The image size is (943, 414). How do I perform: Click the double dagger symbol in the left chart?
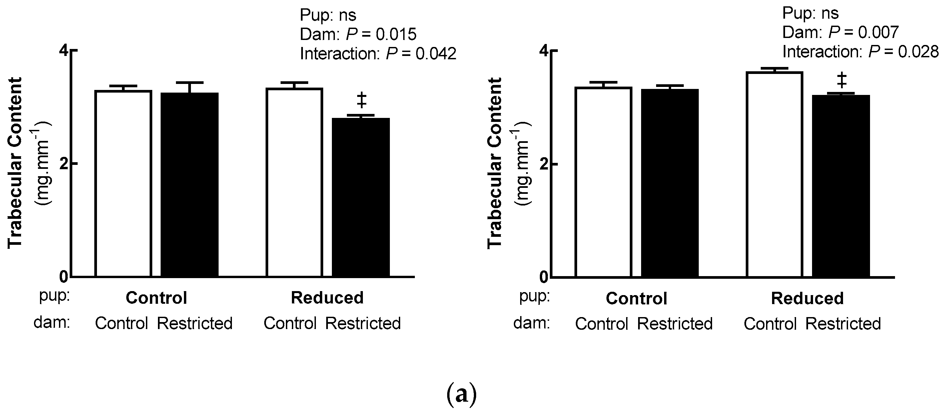(x=361, y=100)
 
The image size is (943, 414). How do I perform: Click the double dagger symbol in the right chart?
(x=842, y=80)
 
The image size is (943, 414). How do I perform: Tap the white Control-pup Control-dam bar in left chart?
(x=123, y=183)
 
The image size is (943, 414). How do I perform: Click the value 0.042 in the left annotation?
(x=436, y=54)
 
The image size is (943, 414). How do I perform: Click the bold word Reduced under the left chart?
(x=327, y=298)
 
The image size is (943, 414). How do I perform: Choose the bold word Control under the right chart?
(x=636, y=298)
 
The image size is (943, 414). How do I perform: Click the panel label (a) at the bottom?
(x=462, y=395)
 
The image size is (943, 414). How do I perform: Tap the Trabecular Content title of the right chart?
(x=494, y=163)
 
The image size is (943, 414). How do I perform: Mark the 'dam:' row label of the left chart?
(x=52, y=323)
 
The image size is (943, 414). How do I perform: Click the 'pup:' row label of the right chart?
(x=534, y=296)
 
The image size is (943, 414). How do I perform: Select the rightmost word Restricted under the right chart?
(x=843, y=324)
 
